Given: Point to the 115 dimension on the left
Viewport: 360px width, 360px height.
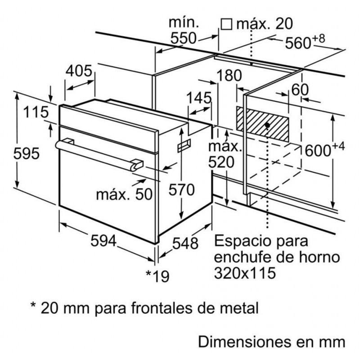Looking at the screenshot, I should (36, 112).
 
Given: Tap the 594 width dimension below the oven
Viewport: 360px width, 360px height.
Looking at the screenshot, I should (104, 241).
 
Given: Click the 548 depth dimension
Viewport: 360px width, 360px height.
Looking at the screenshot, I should (185, 243).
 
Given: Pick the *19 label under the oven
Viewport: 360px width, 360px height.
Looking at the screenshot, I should (157, 275).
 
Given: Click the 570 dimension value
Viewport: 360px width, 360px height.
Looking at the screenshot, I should (181, 190).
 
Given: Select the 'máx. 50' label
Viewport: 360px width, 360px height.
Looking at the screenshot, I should (124, 194).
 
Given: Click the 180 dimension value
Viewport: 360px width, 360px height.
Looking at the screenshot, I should (229, 76).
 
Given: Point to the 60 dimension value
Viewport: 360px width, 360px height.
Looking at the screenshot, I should (300, 90).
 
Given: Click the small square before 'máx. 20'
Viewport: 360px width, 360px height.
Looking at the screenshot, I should (227, 24).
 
